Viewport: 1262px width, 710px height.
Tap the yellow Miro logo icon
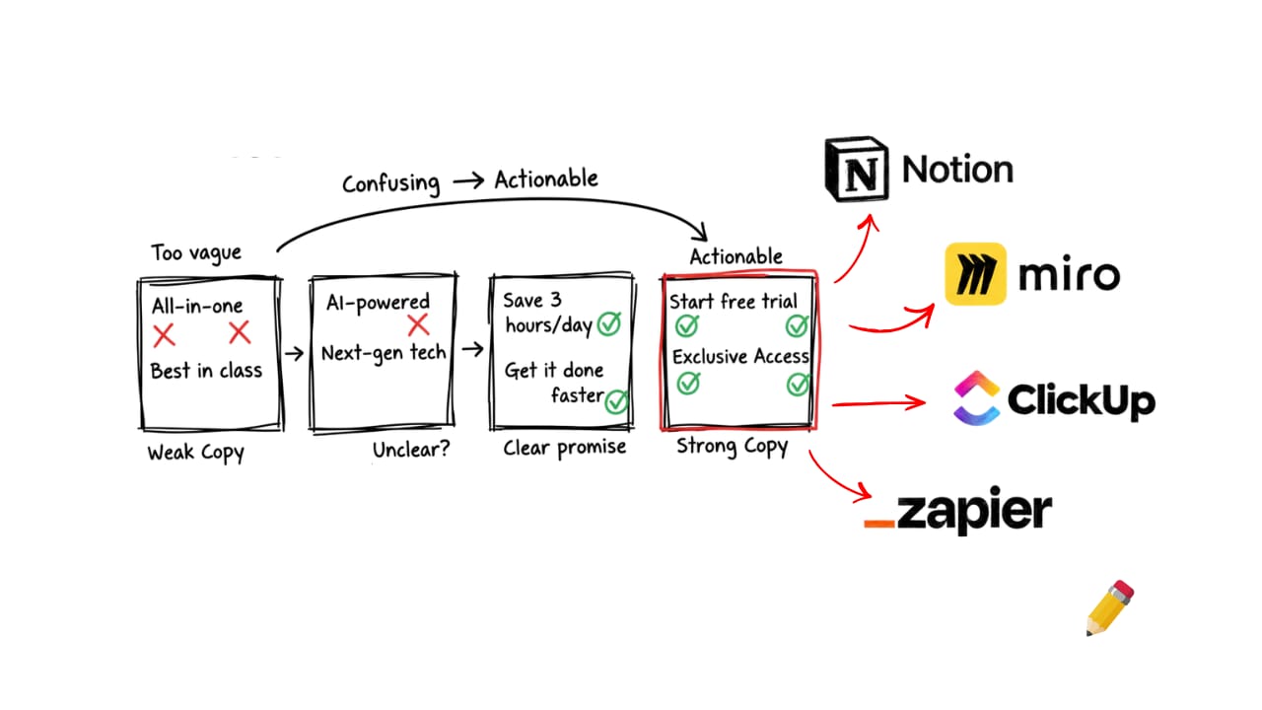click(x=975, y=274)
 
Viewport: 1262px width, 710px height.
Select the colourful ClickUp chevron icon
click(x=976, y=397)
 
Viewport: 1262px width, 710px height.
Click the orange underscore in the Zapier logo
click(x=879, y=522)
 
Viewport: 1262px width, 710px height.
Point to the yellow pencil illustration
click(x=1110, y=607)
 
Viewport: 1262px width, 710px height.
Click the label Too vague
click(x=195, y=252)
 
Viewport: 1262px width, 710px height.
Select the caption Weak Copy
click(x=195, y=453)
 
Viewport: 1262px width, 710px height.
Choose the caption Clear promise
click(x=564, y=448)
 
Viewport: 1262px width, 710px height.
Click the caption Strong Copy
click(x=732, y=447)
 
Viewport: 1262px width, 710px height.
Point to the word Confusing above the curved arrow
click(x=391, y=183)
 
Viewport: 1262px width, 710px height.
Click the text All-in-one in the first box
click(x=197, y=305)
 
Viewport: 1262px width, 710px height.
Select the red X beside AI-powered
click(x=418, y=325)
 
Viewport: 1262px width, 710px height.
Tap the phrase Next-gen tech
click(x=384, y=352)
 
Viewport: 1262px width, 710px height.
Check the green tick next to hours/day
click(x=608, y=323)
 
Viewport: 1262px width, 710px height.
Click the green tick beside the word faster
click(x=617, y=400)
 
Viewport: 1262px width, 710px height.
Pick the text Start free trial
click(x=734, y=301)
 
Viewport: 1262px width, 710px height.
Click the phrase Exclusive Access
click(x=739, y=356)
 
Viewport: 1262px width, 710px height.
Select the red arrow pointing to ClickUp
click(x=879, y=402)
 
